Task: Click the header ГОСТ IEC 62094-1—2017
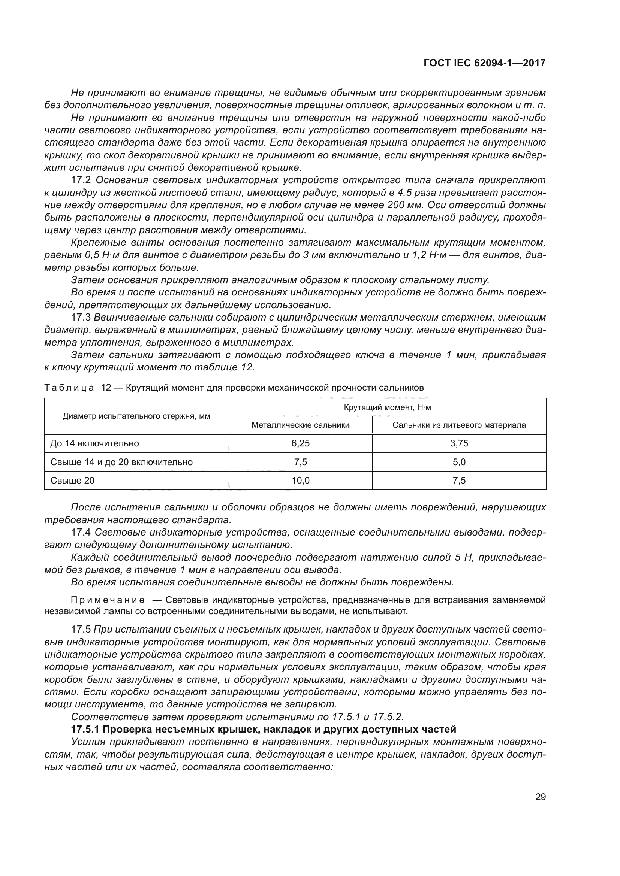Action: (484, 63)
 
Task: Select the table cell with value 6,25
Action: (301, 443)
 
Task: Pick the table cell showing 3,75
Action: (459, 443)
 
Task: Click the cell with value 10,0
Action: (301, 481)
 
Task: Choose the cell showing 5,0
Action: (459, 462)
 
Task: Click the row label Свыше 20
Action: (73, 481)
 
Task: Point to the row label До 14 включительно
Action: (95, 443)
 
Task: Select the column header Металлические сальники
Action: (301, 425)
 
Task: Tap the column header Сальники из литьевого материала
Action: (459, 425)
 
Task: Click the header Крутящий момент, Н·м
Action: (387, 407)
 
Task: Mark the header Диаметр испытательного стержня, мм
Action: (136, 416)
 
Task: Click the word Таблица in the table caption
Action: (69, 388)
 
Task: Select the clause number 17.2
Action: (81, 180)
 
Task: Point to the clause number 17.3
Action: (81, 317)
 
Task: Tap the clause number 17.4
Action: (81, 532)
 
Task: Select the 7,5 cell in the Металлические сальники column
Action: (301, 462)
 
